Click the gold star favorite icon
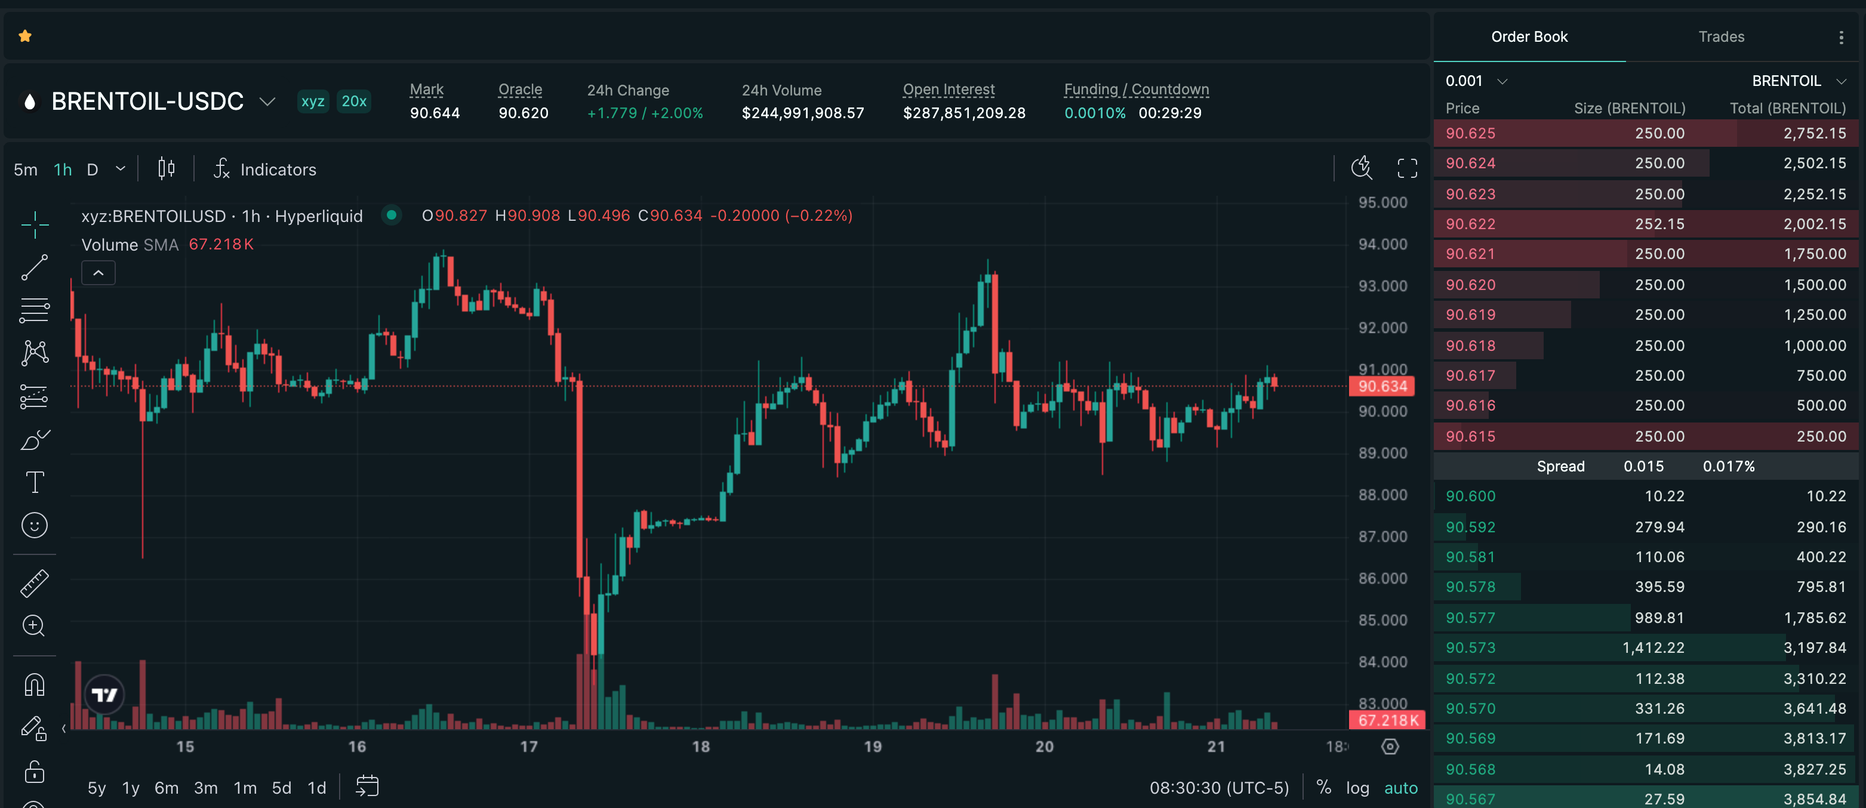pyautogui.click(x=25, y=36)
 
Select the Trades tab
pyautogui.click(x=1720, y=37)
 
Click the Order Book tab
pyautogui.click(x=1529, y=37)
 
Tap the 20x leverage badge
pyautogui.click(x=353, y=101)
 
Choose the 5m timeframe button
pyautogui.click(x=25, y=170)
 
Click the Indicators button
pyautogui.click(x=265, y=170)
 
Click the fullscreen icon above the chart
pyautogui.click(x=1407, y=169)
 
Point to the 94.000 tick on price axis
pyautogui.click(x=1382, y=245)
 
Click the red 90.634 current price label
pyautogui.click(x=1381, y=387)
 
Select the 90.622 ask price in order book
pyautogui.click(x=1470, y=224)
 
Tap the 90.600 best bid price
pyautogui.click(x=1470, y=496)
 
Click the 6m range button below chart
pyautogui.click(x=166, y=788)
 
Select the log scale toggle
pyautogui.click(x=1357, y=788)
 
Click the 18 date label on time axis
pyautogui.click(x=700, y=747)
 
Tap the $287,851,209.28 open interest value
pyautogui.click(x=963, y=113)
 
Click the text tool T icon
pyautogui.click(x=35, y=482)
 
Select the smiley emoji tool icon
pyautogui.click(x=35, y=526)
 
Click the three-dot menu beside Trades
pyautogui.click(x=1841, y=38)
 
